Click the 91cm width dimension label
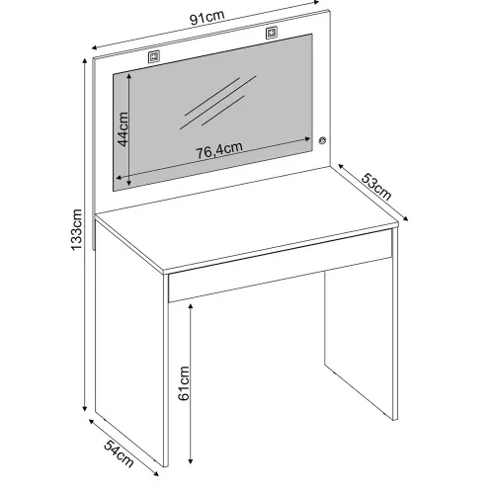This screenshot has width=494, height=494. tap(207, 18)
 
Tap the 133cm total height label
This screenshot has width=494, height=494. tap(76, 229)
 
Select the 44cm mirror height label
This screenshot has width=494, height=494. tap(123, 129)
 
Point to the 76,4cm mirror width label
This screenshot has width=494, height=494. tap(219, 151)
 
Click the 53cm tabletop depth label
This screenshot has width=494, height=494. tap(376, 187)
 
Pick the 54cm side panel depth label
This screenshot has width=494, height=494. tap(119, 453)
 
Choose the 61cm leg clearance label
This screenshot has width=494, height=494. tap(184, 383)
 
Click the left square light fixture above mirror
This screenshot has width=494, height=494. tap(154, 56)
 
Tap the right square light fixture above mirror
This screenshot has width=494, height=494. tap(272, 33)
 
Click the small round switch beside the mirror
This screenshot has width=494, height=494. tap(322, 140)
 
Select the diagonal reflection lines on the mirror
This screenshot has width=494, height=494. tap(218, 102)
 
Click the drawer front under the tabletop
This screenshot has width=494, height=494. tap(280, 266)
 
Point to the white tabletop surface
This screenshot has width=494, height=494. tap(246, 218)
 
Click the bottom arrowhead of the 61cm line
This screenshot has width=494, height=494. tap(191, 461)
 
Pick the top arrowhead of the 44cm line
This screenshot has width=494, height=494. tap(129, 76)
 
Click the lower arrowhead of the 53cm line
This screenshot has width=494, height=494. tap(406, 218)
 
